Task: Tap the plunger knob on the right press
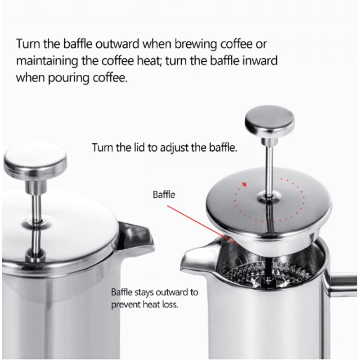(269, 124)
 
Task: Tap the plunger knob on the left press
(35, 162)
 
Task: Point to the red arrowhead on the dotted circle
(244, 184)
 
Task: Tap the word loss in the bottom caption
(170, 304)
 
